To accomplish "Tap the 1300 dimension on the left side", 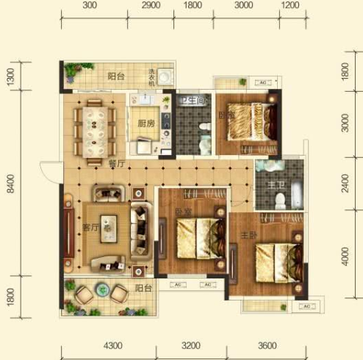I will click(x=10, y=76).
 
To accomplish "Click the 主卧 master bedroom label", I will click(x=248, y=236).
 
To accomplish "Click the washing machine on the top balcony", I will click(x=168, y=77).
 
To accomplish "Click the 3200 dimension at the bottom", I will click(x=190, y=345).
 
